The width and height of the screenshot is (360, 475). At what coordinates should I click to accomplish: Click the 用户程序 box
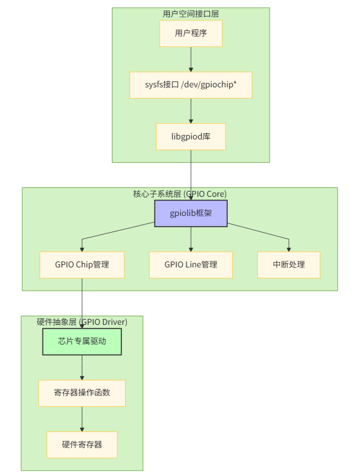click(x=191, y=34)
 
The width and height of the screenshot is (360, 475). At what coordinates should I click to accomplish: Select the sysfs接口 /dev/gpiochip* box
click(x=191, y=85)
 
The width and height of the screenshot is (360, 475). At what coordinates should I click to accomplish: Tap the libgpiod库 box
click(x=191, y=136)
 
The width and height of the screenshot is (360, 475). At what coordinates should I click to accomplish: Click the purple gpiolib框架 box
click(x=191, y=214)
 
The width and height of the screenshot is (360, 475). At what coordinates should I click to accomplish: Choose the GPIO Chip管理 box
click(x=82, y=264)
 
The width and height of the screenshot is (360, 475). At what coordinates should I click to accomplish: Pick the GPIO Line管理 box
click(x=191, y=264)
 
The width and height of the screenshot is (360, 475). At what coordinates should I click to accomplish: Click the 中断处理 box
click(x=289, y=264)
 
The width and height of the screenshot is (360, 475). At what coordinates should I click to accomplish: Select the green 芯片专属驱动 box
click(x=82, y=342)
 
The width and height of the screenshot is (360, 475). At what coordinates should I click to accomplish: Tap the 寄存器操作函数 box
click(x=82, y=393)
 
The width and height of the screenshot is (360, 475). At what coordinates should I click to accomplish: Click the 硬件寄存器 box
click(x=82, y=444)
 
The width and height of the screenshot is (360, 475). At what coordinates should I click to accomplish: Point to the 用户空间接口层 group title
click(x=191, y=14)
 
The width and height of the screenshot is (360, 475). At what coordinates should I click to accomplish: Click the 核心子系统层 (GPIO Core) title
click(x=179, y=194)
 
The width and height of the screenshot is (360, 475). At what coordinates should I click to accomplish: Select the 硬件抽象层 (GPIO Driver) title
click(x=82, y=322)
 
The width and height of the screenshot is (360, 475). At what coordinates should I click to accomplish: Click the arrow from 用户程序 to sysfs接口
click(x=191, y=59)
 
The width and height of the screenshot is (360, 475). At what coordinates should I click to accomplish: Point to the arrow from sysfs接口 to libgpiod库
click(x=191, y=111)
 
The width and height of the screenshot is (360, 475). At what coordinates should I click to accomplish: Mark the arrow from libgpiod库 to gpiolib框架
click(x=191, y=173)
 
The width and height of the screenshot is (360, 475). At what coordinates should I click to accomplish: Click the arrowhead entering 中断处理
click(x=289, y=248)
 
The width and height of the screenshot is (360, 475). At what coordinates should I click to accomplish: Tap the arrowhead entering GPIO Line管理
click(x=191, y=248)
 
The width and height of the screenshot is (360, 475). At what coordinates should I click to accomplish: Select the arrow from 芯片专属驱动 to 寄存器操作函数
click(x=82, y=367)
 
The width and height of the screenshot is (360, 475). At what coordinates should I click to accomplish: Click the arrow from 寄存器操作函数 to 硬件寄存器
click(x=82, y=419)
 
